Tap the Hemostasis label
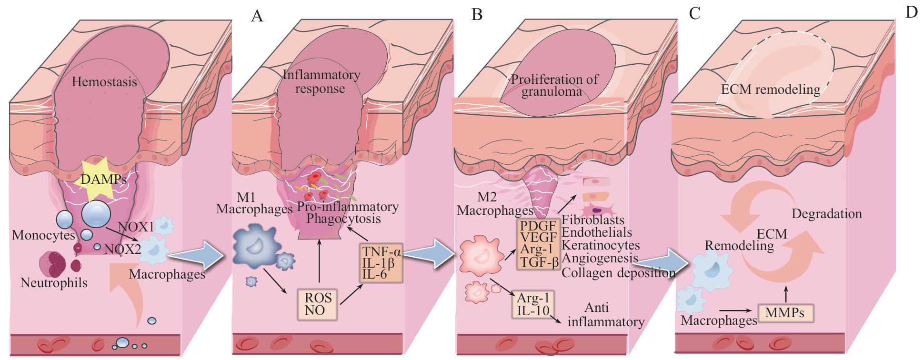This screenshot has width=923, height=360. coord(104,82)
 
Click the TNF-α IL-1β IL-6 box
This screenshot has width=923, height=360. coord(381,263)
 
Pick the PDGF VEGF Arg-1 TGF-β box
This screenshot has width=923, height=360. coord(538,244)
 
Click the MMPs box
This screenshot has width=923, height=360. coord(784,313)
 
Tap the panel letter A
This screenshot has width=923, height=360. coord(257,16)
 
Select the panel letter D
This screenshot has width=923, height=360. coord(911,12)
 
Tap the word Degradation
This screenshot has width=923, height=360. coord(826,214)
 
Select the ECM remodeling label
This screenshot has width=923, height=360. coord(770,89)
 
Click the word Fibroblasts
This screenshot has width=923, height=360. coord(593,220)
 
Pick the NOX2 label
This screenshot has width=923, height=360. coord(122,249)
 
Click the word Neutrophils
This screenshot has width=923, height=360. coord(54,283)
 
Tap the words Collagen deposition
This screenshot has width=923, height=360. coord(618,273)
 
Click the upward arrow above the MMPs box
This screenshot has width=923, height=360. coord(786,292)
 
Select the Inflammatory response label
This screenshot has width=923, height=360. coord(321,81)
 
